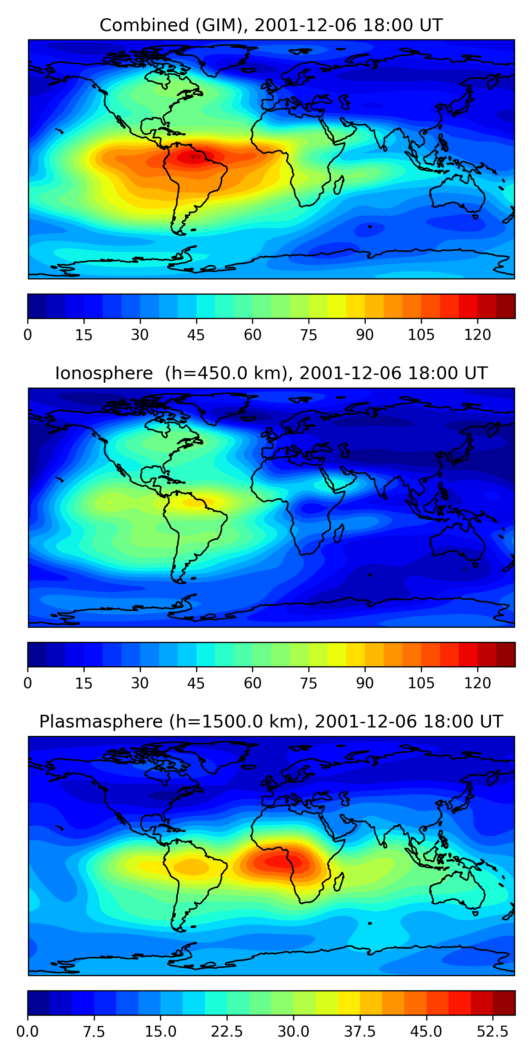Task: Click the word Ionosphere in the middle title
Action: click(104, 373)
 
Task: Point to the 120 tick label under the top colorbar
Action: click(478, 335)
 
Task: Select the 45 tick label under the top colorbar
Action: click(196, 335)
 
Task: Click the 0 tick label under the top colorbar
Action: click(28, 335)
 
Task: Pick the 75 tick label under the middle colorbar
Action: click(308, 683)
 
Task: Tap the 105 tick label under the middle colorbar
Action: click(421, 683)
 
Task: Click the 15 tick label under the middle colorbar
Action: click(84, 683)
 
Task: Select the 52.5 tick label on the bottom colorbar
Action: click(493, 1032)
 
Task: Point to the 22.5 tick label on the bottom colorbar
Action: click(227, 1032)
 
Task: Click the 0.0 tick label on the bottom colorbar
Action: click(28, 1032)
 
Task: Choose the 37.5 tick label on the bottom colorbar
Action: click(360, 1032)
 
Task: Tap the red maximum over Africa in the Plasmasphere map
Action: click(278, 861)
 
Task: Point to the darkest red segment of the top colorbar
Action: click(506, 306)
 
